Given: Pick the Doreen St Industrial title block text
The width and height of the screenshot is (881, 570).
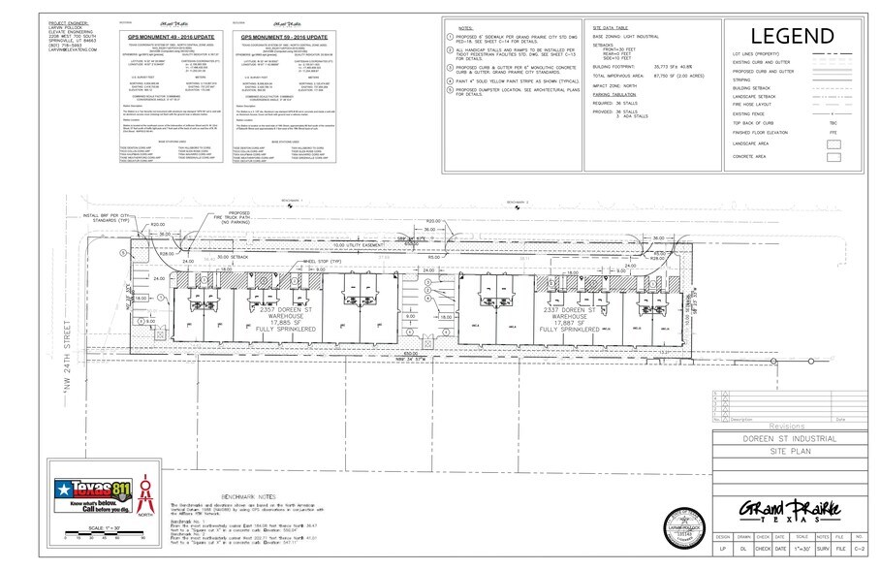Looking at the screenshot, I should (788, 440).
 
